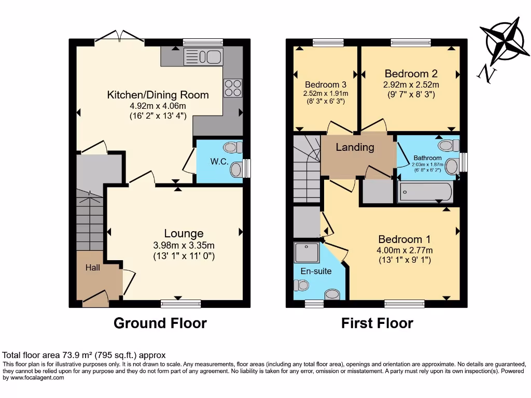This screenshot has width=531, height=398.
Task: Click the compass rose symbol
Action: (504, 42)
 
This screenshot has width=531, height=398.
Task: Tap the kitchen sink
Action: (202, 56)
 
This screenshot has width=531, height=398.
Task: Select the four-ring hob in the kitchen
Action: (233, 88)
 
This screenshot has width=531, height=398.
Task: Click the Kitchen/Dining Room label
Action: (158, 95)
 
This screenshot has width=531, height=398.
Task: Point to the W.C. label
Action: (219, 162)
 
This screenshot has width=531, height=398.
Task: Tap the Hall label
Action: (93, 267)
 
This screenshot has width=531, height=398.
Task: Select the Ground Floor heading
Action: (160, 323)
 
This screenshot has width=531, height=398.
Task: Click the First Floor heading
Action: (377, 323)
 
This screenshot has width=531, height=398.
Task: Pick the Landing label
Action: (355, 147)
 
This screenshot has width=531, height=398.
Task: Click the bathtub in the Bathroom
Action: (425, 192)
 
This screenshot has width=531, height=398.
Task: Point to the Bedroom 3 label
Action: (325, 84)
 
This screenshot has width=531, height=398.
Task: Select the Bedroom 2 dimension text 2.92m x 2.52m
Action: (411, 85)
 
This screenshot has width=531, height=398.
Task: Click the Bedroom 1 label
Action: (404, 239)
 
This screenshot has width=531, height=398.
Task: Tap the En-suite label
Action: (316, 271)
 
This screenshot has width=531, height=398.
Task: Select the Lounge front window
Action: (180, 304)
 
